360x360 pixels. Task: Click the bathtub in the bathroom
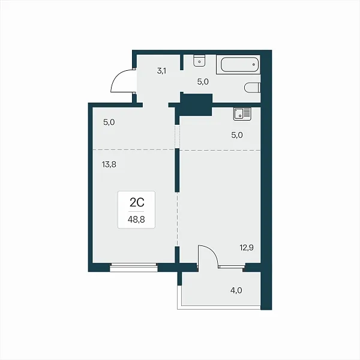[239, 65]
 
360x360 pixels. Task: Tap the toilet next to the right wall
[253, 88]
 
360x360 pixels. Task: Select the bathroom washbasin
[199, 61]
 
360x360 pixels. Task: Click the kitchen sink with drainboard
[242, 114]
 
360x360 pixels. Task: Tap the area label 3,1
[161, 71]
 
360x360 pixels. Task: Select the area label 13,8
[109, 164]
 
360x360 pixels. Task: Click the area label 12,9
[247, 248]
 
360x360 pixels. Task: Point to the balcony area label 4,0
[236, 290]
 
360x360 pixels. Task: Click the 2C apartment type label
[137, 203]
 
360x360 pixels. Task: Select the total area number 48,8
[136, 220]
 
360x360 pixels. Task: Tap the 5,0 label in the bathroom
[203, 82]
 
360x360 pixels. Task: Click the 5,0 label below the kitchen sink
[237, 135]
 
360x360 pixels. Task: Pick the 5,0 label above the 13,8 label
[109, 122]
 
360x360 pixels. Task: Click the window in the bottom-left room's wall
[134, 268]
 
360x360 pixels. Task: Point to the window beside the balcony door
[232, 266]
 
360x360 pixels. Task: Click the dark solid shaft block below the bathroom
[196, 104]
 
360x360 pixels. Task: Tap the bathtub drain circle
[254, 65]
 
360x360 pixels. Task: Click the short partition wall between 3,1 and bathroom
[182, 62]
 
